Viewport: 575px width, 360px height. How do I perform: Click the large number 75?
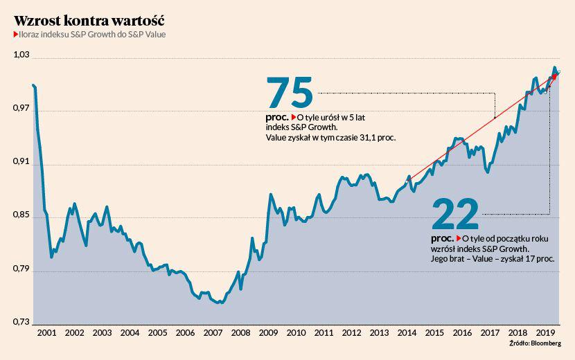coord(290,91)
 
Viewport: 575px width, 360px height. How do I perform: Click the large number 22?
coord(455,214)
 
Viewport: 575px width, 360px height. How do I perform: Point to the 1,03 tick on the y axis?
coord(23,55)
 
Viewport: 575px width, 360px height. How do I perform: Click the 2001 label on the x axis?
coord(46,333)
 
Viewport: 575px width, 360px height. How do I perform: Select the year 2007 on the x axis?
coord(213,333)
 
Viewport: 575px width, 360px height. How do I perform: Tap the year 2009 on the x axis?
coord(268,333)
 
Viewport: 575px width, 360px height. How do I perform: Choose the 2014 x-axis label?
coord(407,333)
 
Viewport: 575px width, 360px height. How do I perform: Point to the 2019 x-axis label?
coord(545,333)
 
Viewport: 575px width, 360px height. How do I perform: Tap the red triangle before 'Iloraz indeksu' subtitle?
coord(15,34)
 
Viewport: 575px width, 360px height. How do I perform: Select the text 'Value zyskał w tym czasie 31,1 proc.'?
coord(330,138)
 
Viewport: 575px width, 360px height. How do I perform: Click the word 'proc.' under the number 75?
coord(277,117)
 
